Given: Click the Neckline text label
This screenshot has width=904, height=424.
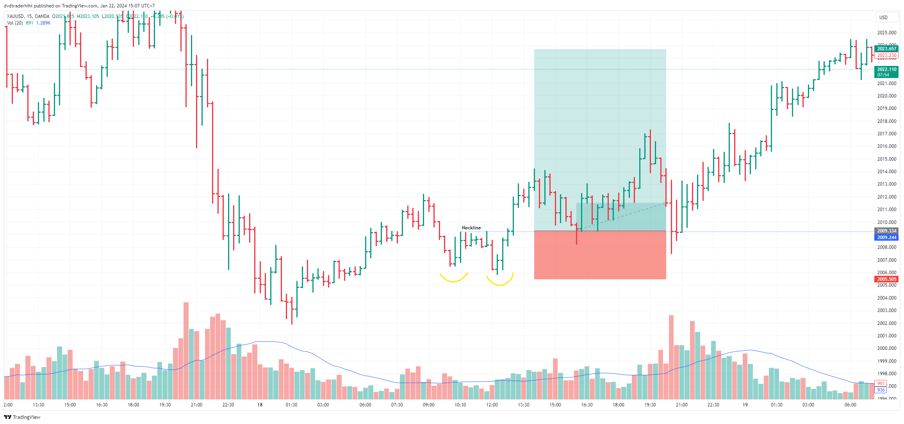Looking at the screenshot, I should pos(471,228).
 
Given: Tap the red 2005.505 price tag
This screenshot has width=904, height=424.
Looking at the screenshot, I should pos(886,279).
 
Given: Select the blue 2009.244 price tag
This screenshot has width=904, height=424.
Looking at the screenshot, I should pos(886,238).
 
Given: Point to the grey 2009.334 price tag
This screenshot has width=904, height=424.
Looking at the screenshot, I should pos(886,231).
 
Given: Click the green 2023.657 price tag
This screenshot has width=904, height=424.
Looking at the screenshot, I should pos(886,49).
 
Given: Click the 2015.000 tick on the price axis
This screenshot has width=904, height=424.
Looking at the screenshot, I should pos(886,159).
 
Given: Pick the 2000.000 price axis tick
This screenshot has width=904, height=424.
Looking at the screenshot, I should pos(886,348).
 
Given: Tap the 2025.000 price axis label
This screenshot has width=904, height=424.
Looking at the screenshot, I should pos(886,33).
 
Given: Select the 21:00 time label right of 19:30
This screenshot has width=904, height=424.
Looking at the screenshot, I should pos(681,405).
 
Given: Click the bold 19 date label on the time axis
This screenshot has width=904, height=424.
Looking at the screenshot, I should pos(745,405).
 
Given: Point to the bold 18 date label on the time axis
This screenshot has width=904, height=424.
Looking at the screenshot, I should pos(260,405).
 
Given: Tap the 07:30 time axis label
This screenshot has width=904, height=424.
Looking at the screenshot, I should pos(397,405).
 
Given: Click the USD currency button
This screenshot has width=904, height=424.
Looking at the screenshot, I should pos(883,18).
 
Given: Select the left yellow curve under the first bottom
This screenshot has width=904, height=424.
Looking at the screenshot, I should pos(453,279).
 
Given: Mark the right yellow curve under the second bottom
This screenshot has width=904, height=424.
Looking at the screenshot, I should pos(500,282).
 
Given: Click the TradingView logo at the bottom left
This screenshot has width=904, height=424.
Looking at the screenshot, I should pos(22,417).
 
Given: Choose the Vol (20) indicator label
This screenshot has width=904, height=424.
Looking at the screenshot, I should pos(15,23).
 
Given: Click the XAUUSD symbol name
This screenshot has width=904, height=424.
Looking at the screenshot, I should pos(15,16).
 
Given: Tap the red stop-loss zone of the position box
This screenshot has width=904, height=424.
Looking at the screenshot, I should pos(600,255).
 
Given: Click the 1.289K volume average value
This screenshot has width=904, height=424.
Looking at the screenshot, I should pos(43,23).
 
